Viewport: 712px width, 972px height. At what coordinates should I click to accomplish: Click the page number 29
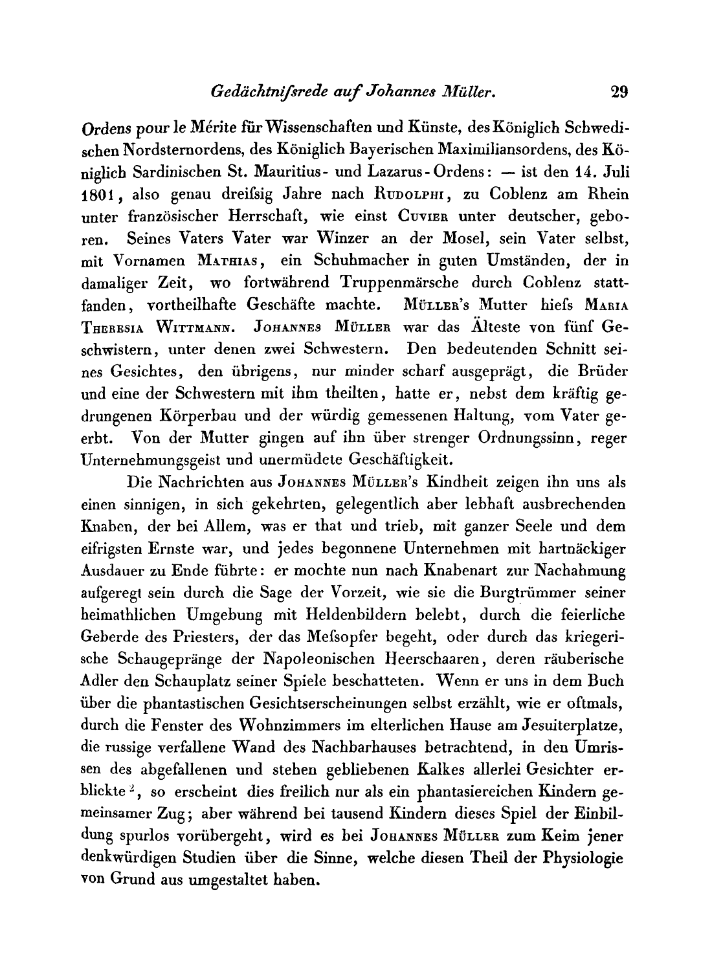619,92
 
